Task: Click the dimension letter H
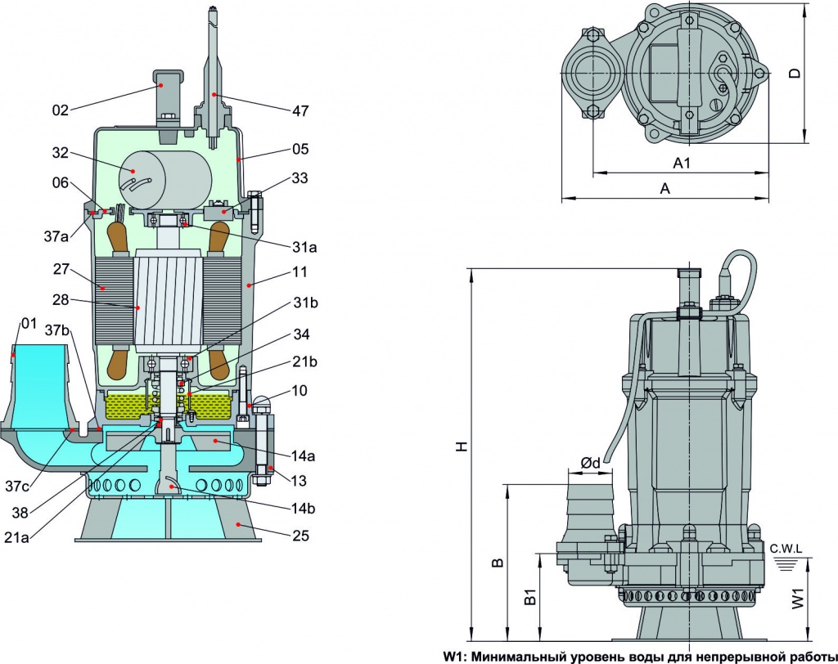(462, 446)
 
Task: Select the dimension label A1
(682, 164)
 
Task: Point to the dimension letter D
(794, 73)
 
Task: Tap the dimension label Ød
(590, 463)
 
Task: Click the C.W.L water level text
(786, 547)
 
